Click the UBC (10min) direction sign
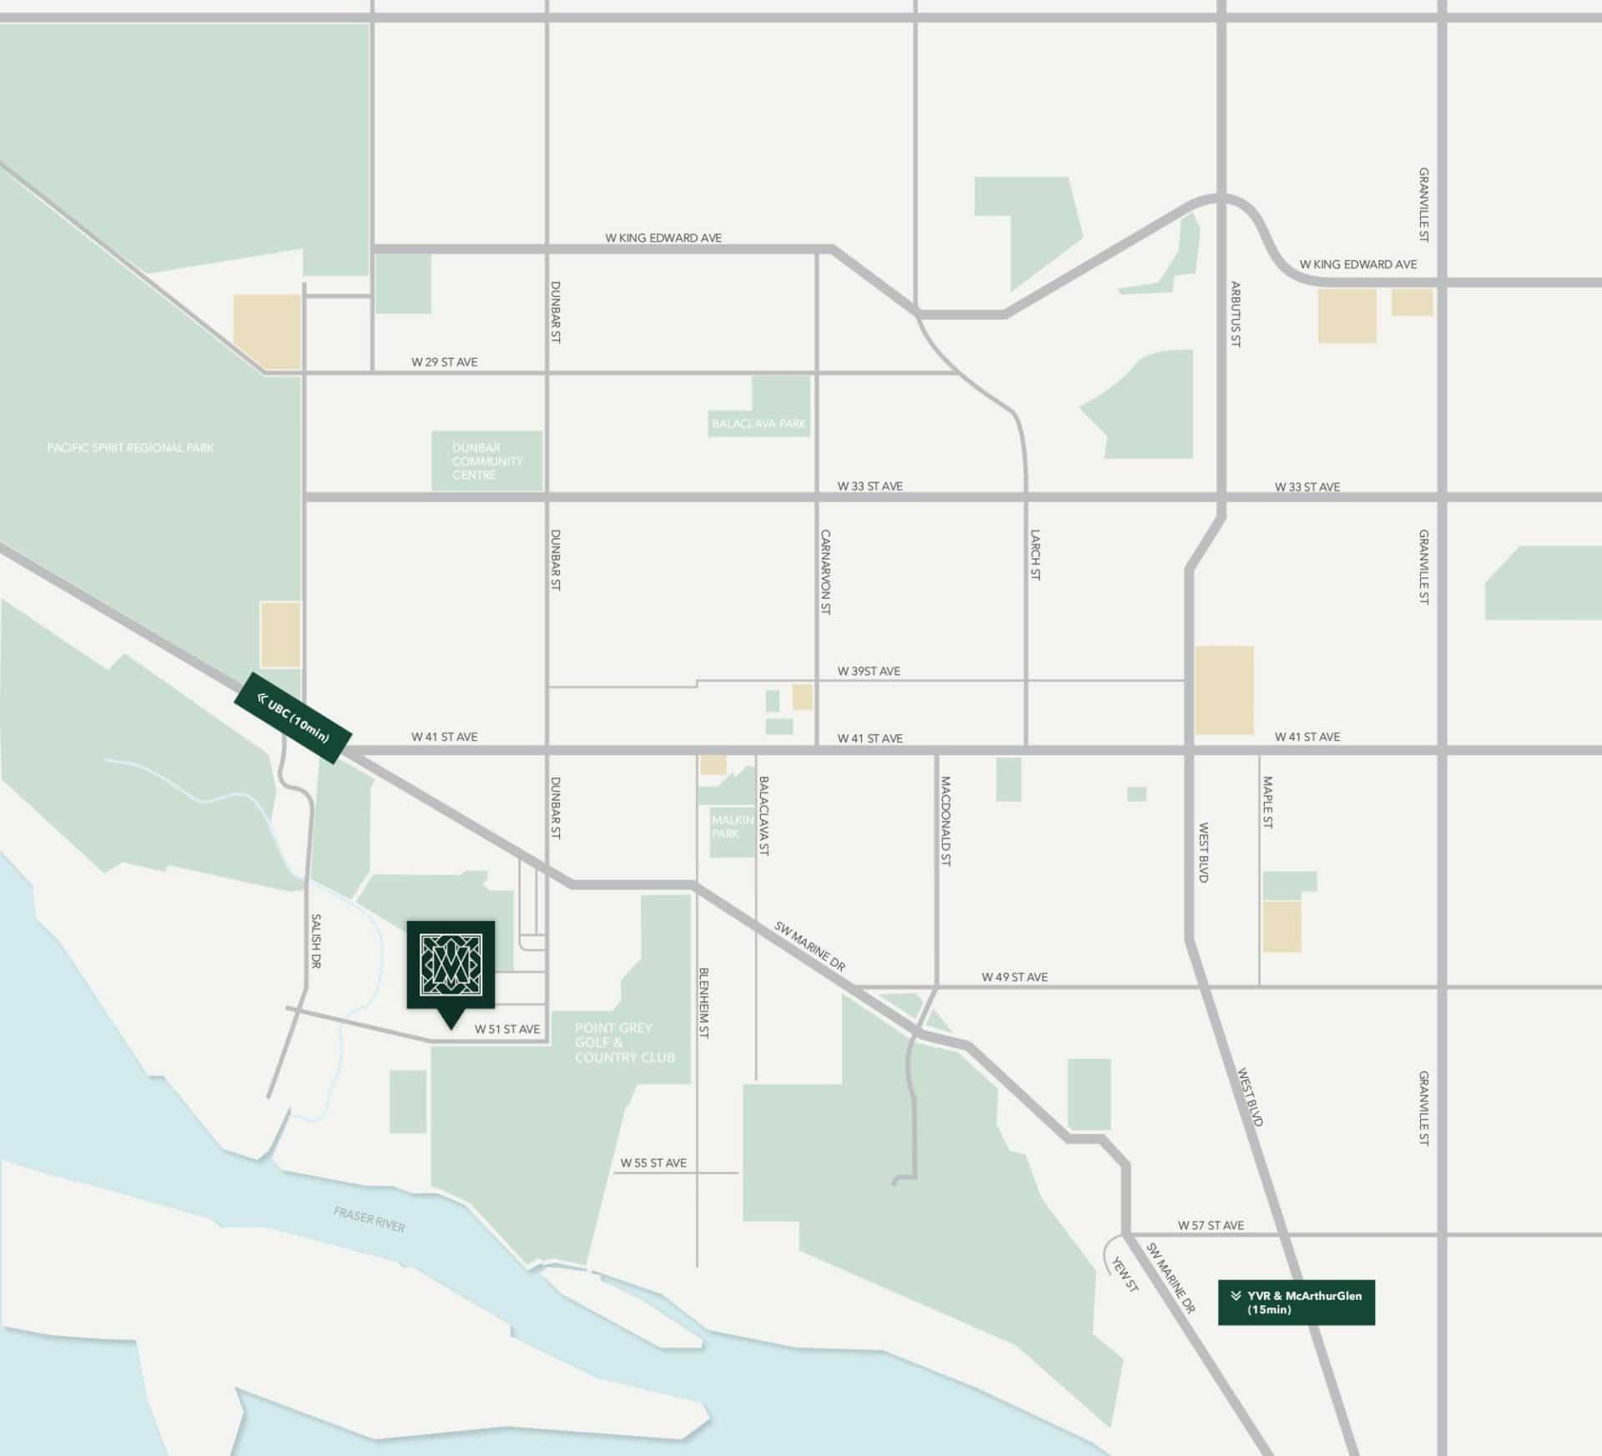293,718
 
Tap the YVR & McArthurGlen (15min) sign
1296,1302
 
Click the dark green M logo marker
451,965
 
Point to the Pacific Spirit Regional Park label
130,448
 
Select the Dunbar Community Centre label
487,461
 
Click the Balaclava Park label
758,424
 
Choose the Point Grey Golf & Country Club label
624,1043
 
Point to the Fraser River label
369,1219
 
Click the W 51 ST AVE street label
507,1030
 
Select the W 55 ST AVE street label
653,1163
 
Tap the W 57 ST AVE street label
1211,1226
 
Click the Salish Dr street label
315,941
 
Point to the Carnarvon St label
825,572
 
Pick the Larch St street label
1035,555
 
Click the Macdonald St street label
945,822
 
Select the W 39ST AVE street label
869,672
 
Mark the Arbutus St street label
1236,315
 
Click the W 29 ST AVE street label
444,362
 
